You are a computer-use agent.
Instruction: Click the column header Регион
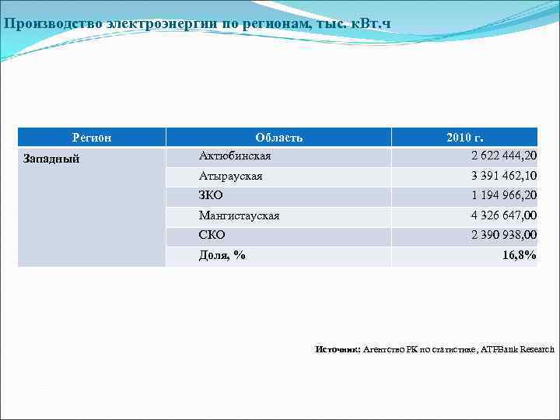tap(92, 138)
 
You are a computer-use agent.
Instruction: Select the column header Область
tap(278, 138)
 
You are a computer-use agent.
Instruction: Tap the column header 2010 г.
tap(464, 138)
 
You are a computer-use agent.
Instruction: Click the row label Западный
tap(51, 159)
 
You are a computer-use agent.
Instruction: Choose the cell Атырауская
tap(230, 176)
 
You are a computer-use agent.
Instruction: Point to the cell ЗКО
tap(211, 195)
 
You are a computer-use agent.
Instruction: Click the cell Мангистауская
tap(239, 215)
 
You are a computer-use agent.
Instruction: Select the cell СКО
tap(212, 235)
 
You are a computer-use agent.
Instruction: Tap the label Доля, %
tap(222, 254)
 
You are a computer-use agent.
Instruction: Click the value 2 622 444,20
tap(504, 156)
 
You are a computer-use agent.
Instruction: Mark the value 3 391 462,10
tap(504, 176)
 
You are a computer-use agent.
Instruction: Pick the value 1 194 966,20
tap(504, 195)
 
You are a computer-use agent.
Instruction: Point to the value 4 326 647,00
tap(504, 215)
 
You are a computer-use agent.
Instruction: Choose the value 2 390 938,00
tap(504, 235)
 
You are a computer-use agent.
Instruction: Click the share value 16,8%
tap(519, 254)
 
